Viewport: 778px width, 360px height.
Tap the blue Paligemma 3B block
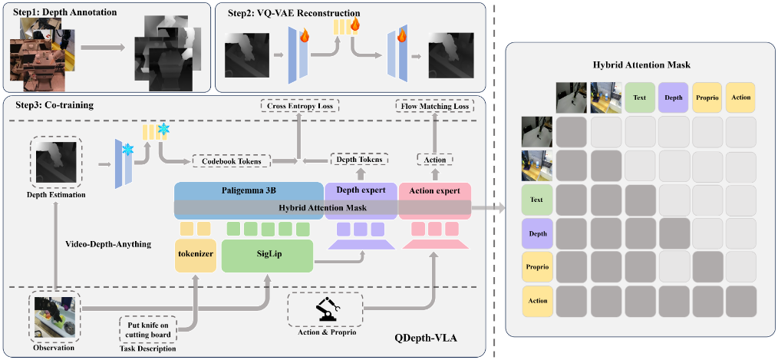(x=249, y=190)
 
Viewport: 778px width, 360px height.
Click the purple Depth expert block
(x=360, y=190)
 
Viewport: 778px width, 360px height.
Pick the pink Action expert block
(x=434, y=190)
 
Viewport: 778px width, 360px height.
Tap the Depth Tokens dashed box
(x=359, y=160)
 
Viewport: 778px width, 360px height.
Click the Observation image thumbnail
(x=54, y=316)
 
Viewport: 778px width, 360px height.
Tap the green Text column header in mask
(x=639, y=97)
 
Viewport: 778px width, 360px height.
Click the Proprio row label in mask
(x=538, y=266)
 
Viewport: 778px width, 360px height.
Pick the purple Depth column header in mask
(x=673, y=97)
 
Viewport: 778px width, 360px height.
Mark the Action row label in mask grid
(x=538, y=300)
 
